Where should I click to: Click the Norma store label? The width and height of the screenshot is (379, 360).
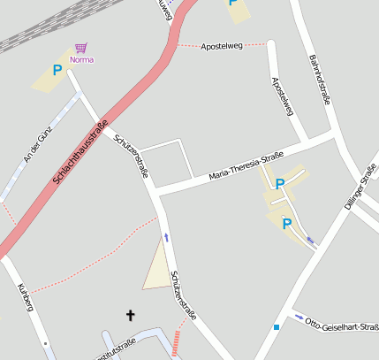click(81, 59)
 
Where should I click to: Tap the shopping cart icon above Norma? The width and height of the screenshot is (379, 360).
click(81, 48)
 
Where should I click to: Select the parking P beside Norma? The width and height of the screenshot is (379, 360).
click(57, 70)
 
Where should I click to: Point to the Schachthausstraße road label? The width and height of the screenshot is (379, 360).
click(80, 151)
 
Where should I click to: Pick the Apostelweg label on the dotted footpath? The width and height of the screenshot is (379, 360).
click(221, 45)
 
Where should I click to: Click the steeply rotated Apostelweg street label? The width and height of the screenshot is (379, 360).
click(282, 96)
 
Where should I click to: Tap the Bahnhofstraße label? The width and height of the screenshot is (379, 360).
click(320, 80)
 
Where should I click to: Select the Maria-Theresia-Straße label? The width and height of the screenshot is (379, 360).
click(246, 165)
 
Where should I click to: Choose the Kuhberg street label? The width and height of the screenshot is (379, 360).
click(26, 297)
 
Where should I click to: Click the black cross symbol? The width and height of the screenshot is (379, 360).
click(132, 315)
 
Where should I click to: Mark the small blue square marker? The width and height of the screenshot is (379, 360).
click(277, 327)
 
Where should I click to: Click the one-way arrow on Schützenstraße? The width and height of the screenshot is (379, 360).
click(166, 237)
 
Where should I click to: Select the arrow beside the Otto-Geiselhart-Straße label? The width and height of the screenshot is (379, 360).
click(299, 317)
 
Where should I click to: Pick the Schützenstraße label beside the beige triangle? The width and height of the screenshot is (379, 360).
click(184, 295)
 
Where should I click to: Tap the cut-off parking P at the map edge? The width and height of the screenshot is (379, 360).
click(233, 3)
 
